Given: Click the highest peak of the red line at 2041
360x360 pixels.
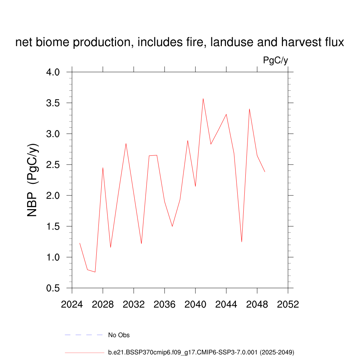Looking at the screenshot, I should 203,99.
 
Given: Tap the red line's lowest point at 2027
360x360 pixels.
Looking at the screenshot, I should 95,272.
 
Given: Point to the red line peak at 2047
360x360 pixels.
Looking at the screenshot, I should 249,109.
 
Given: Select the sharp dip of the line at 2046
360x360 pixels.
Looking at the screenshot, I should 242,242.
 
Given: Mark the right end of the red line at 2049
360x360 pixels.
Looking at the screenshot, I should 265,172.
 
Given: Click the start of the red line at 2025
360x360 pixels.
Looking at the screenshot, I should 80,243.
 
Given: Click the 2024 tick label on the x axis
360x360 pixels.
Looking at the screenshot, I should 72,304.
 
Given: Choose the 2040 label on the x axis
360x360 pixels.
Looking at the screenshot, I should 195,304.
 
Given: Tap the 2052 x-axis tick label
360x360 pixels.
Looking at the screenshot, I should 288,304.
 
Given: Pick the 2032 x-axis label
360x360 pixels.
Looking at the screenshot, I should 134,304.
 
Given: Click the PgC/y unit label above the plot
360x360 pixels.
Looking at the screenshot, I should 276,60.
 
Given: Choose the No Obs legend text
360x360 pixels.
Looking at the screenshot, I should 119,335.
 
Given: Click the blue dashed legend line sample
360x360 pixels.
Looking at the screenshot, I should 84,335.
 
